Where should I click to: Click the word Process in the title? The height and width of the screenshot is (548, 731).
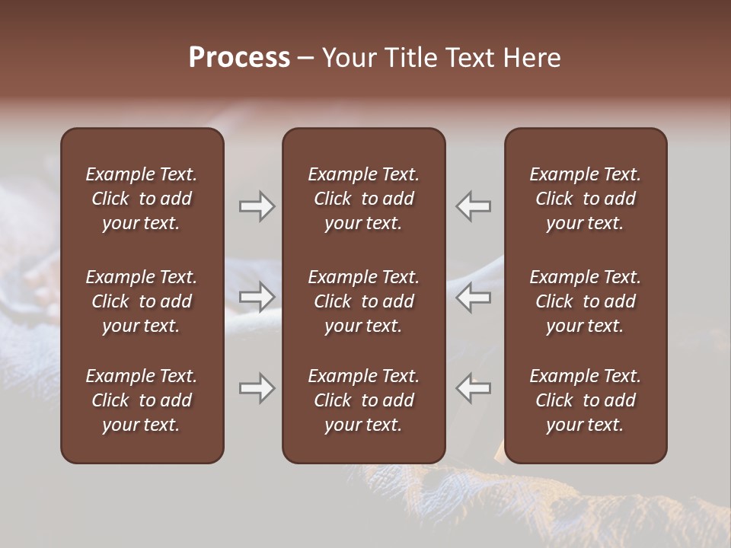tap(239, 58)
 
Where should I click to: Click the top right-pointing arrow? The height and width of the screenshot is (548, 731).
tap(257, 206)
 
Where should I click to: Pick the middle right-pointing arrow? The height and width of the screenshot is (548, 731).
tap(257, 297)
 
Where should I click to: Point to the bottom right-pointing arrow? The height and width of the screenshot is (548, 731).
tap(257, 388)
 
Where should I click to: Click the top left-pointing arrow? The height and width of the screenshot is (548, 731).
tap(474, 206)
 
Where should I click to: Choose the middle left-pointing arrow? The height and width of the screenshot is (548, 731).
tap(474, 297)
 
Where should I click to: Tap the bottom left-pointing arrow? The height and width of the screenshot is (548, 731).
tap(474, 388)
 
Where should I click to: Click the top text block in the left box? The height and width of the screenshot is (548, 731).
tap(142, 199)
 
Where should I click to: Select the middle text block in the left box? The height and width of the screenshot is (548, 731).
tap(142, 301)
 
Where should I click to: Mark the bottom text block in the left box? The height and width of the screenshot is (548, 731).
tap(142, 400)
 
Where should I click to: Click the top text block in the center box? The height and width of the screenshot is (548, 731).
tap(363, 199)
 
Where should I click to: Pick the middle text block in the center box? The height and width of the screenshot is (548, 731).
tap(363, 301)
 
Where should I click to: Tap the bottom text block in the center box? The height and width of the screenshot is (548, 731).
tap(363, 400)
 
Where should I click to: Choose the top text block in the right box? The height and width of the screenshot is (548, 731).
tap(585, 199)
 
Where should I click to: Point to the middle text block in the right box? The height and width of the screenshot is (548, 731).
tap(585, 301)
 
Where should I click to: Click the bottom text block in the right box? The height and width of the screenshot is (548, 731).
tap(585, 400)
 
